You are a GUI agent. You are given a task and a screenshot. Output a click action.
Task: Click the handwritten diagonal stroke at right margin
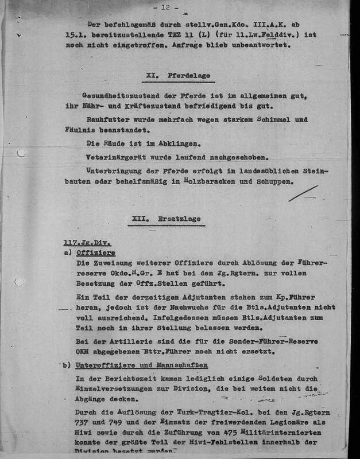pos(303,193)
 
